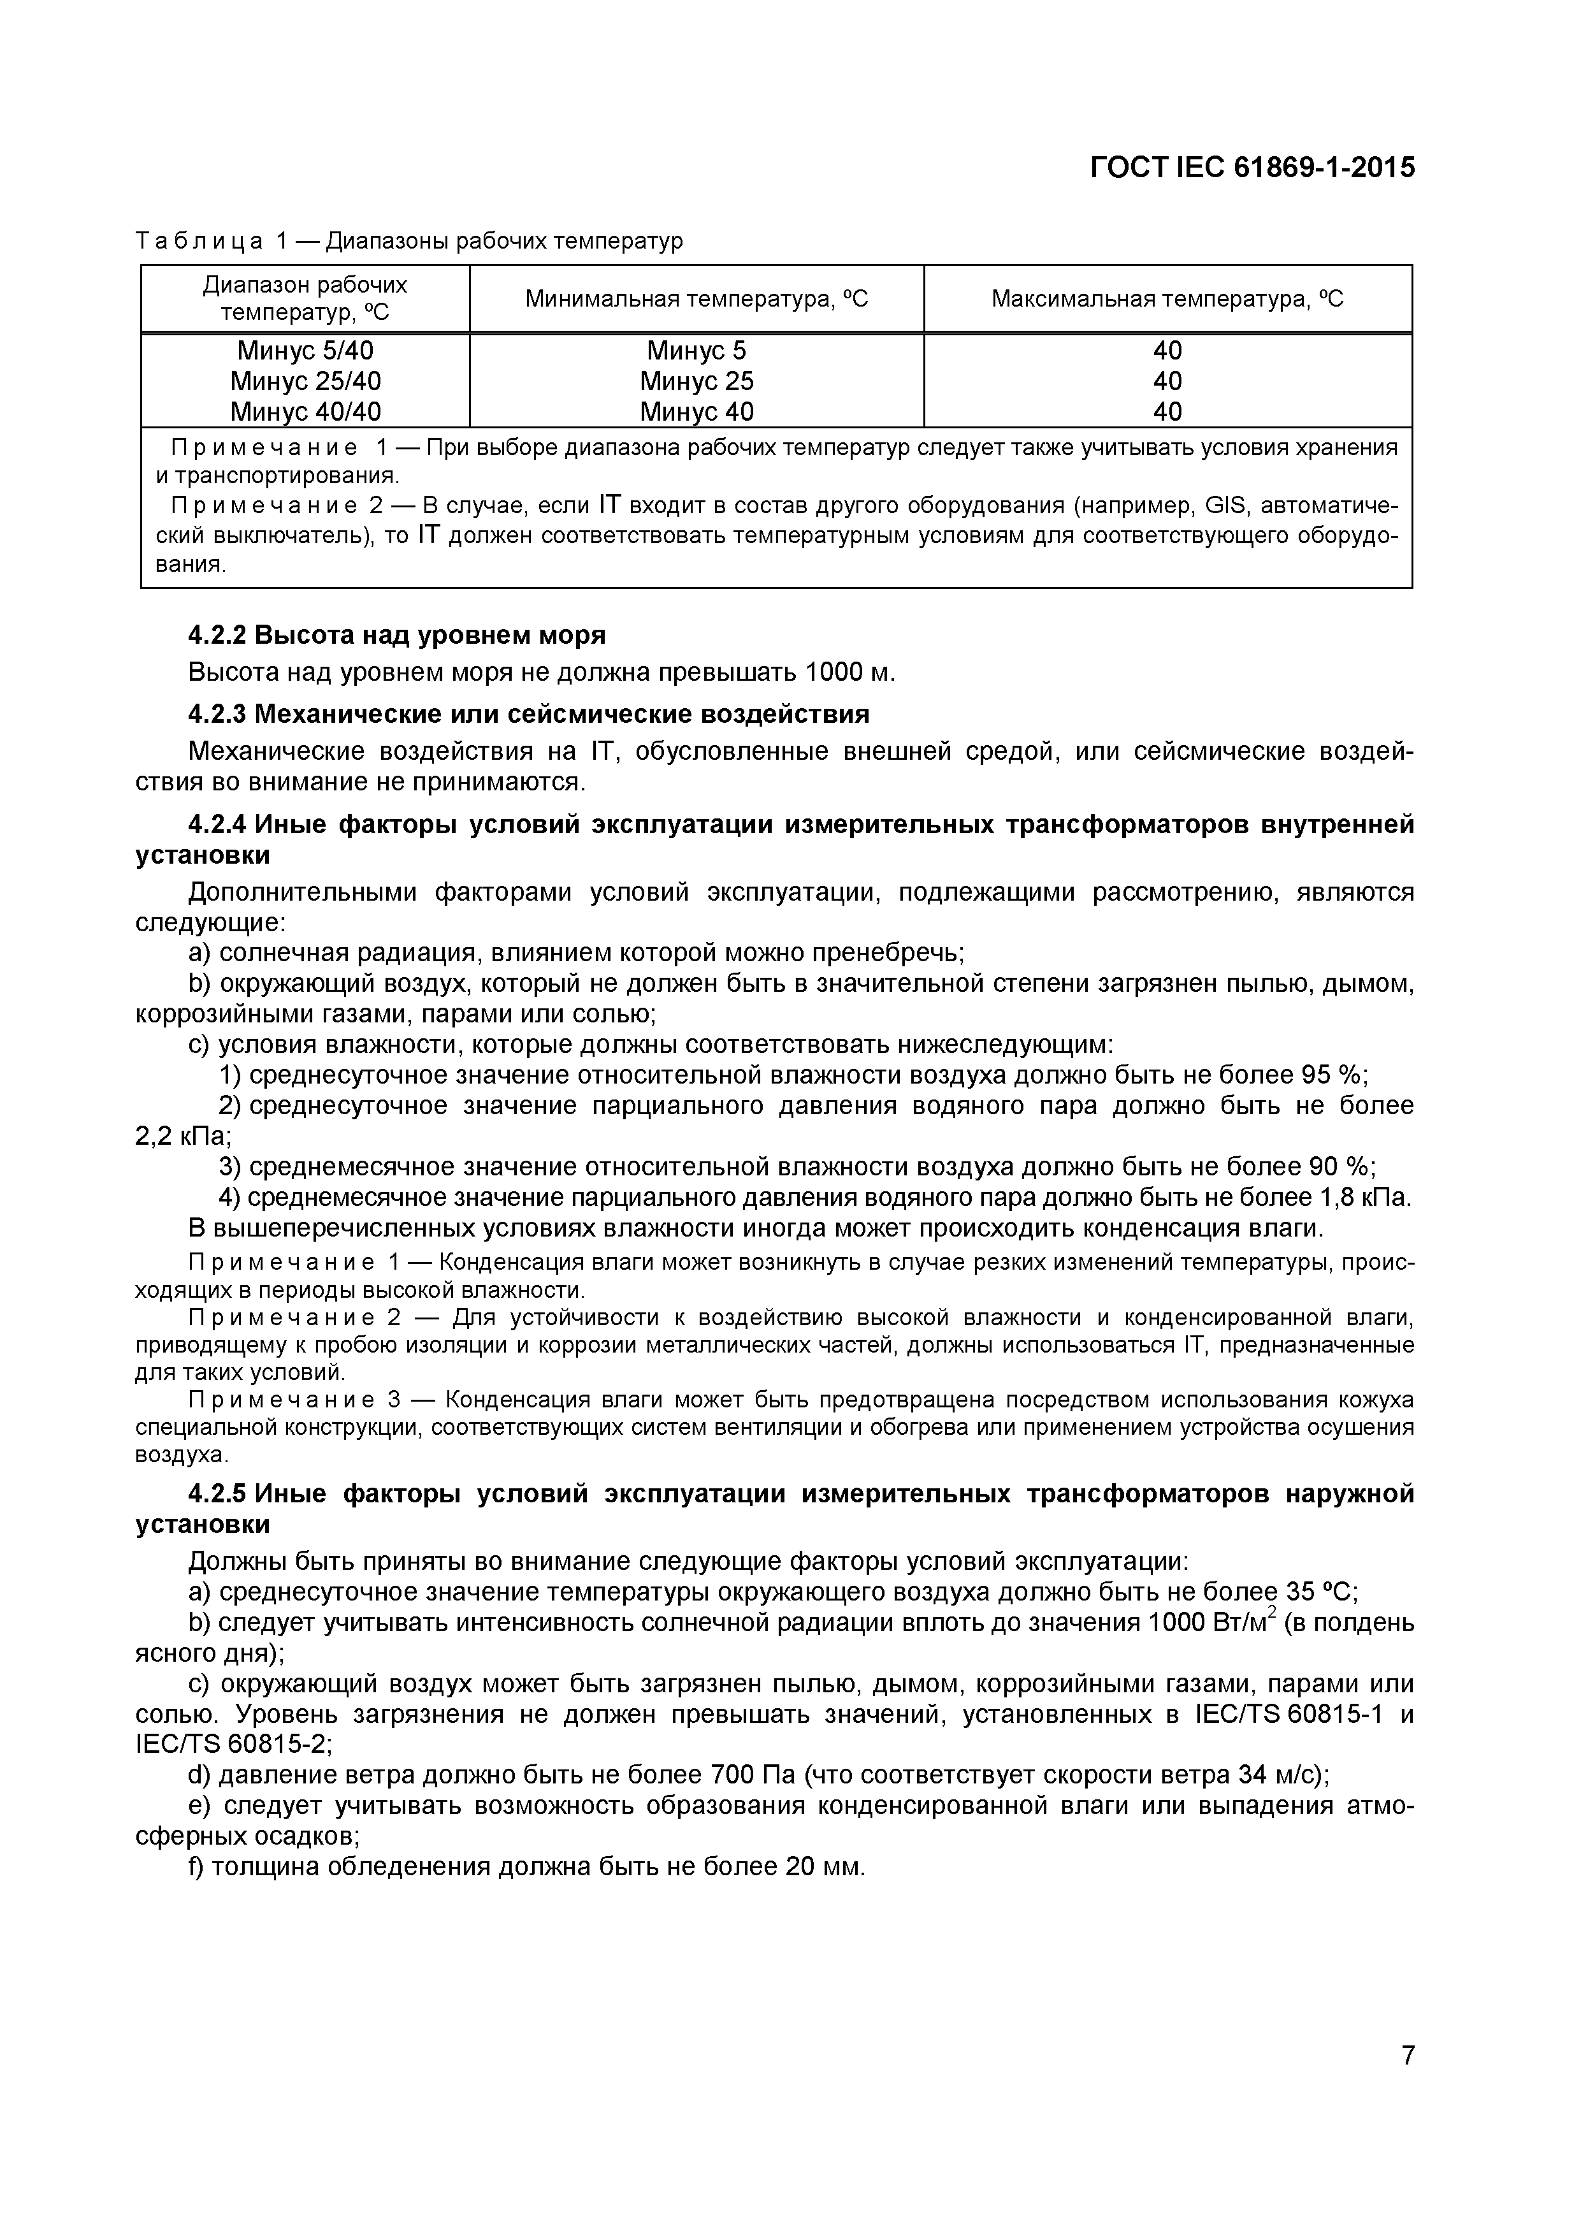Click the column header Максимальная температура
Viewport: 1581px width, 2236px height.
[1167, 299]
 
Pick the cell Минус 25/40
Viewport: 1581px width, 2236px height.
[306, 381]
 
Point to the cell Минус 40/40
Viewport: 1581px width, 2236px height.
[306, 411]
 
